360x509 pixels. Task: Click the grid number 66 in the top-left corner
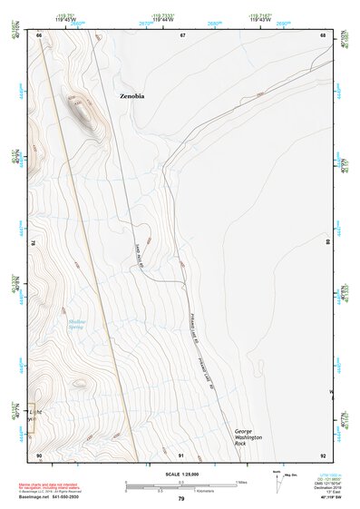click(x=40, y=34)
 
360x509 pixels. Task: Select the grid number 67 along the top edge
click(x=182, y=34)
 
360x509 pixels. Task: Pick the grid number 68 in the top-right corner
click(x=323, y=34)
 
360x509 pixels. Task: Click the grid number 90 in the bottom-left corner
click(x=39, y=455)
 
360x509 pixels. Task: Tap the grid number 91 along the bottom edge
click(x=181, y=455)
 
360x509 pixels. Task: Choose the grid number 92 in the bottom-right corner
click(x=323, y=455)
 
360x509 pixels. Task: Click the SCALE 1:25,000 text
click(x=180, y=475)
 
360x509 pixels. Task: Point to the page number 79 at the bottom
click(x=181, y=500)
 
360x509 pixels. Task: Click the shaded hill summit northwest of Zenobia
click(x=82, y=113)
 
